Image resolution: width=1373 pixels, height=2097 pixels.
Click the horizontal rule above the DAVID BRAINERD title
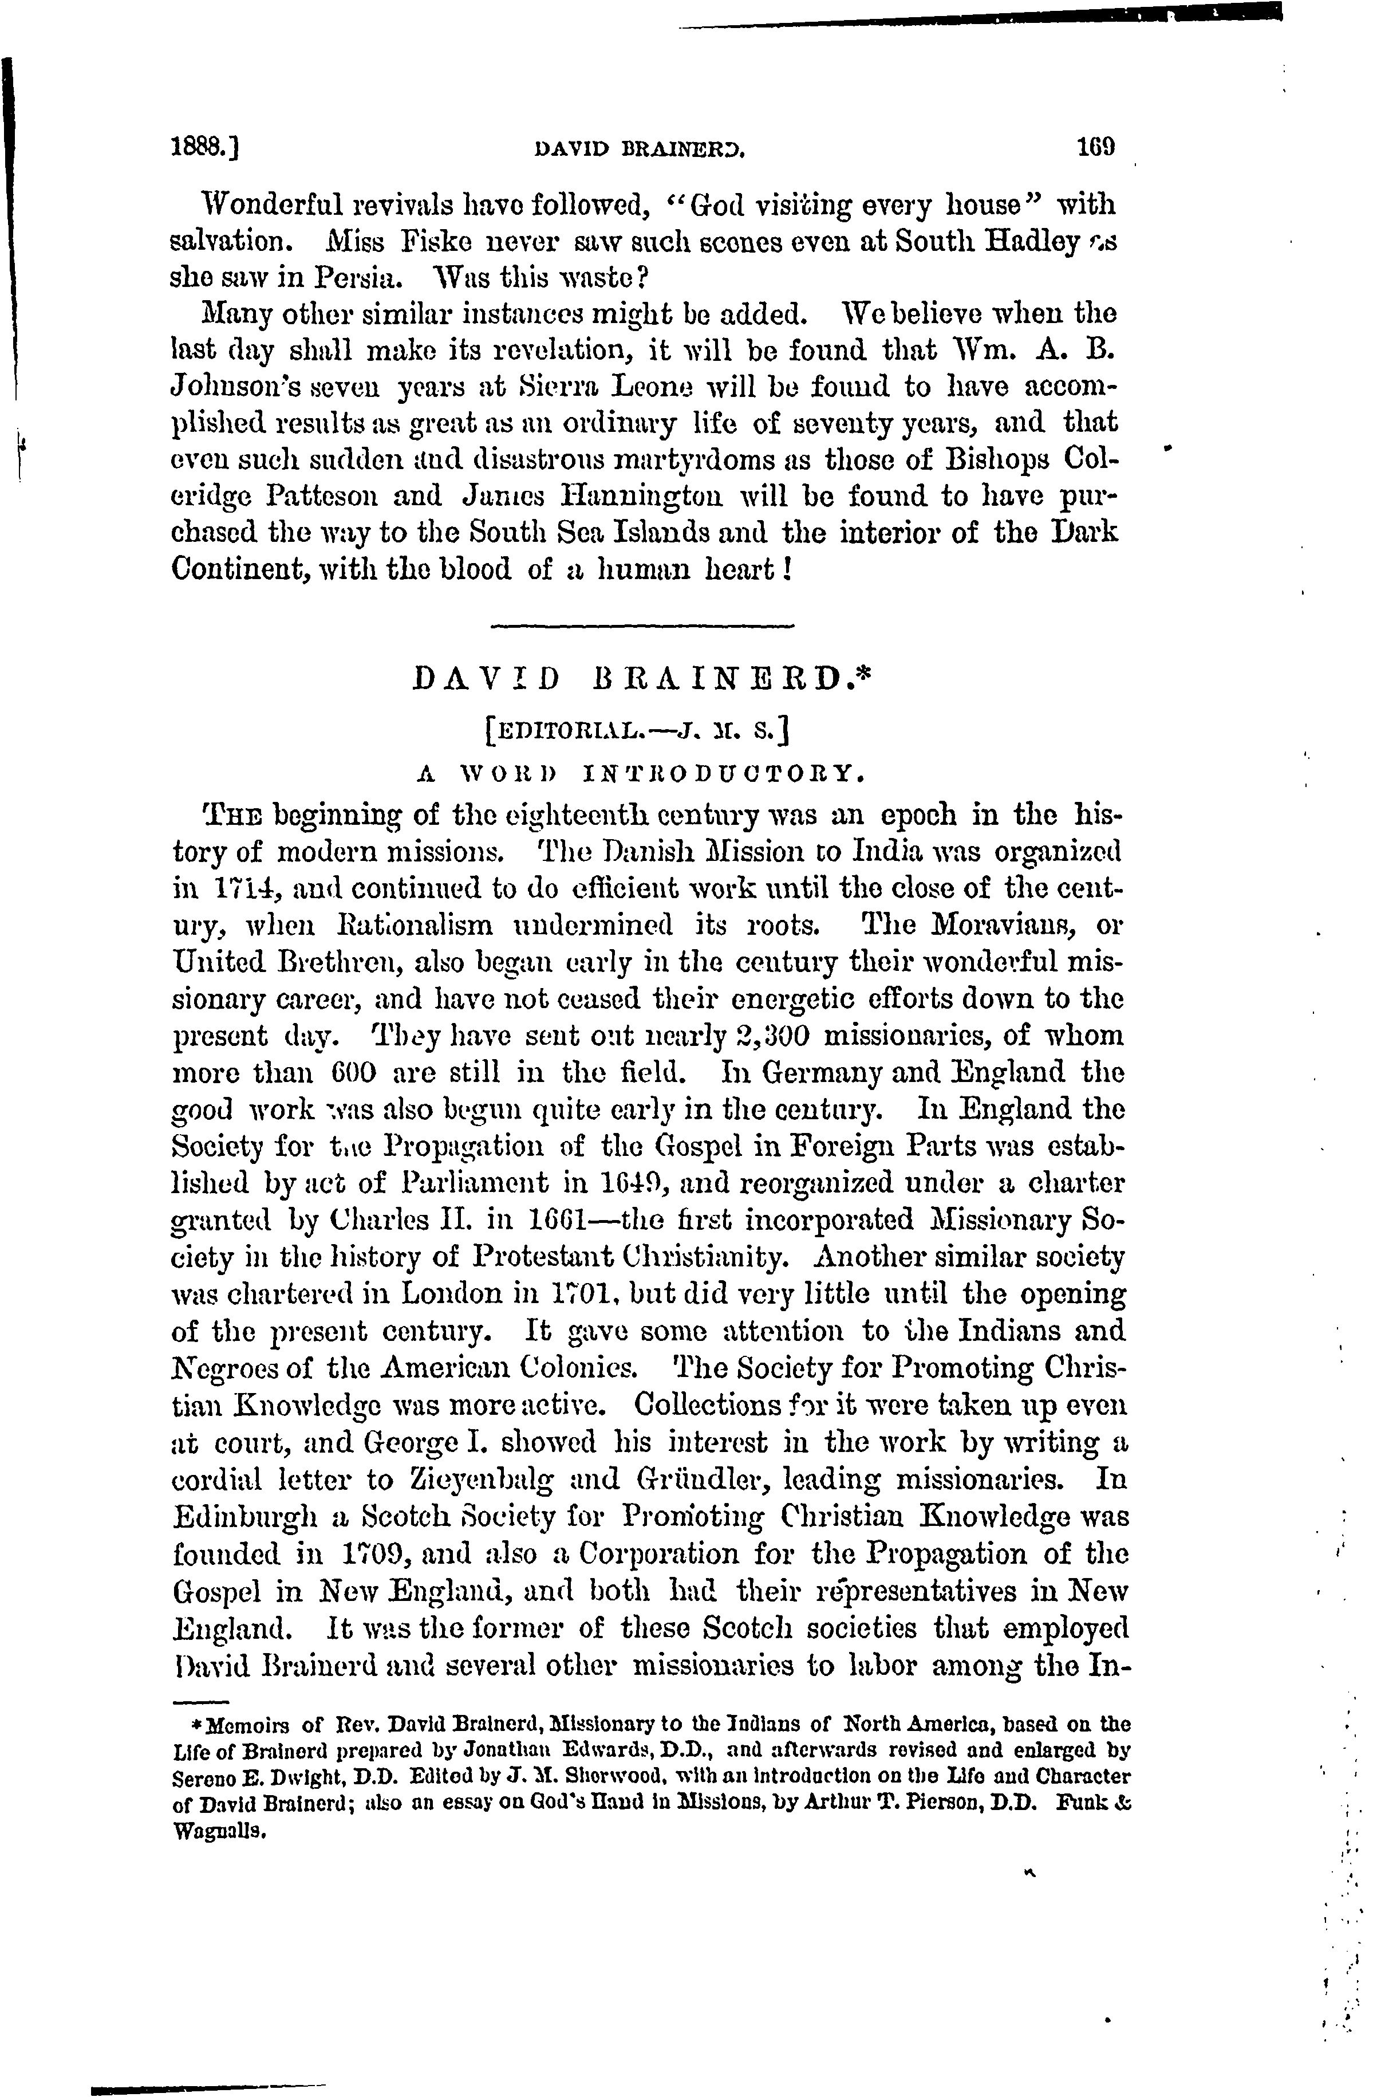point(641,627)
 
